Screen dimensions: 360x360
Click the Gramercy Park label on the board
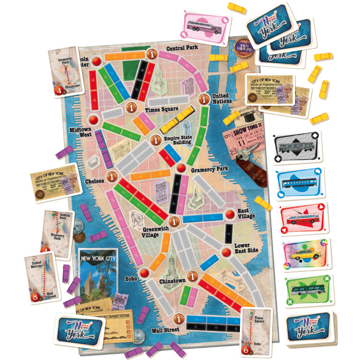click(210, 170)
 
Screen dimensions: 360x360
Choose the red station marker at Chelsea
click(112, 177)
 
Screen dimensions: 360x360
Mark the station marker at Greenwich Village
click(174, 221)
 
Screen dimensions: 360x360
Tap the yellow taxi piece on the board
click(177, 120)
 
